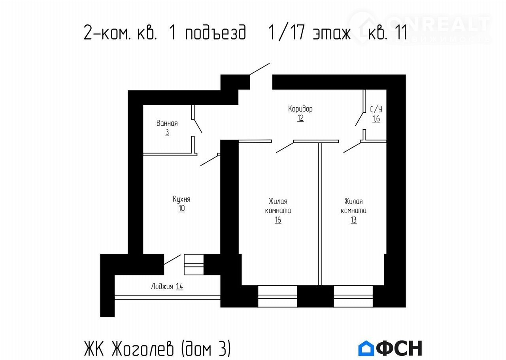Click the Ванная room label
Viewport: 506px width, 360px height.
point(167,123)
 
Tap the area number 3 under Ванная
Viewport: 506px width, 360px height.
point(167,133)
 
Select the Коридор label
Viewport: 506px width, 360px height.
point(300,109)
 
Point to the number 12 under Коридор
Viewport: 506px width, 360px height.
point(300,118)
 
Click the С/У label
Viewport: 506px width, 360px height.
point(376,110)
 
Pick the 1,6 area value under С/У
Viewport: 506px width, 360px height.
point(376,119)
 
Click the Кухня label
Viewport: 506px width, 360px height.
point(181,199)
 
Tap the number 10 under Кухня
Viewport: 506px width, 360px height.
point(181,208)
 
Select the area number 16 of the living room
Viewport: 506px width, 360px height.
point(278,220)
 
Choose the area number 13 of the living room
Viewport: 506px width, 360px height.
point(353,220)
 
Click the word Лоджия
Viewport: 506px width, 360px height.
point(162,286)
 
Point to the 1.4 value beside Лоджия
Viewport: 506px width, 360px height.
point(179,286)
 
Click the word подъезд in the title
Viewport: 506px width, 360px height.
point(215,32)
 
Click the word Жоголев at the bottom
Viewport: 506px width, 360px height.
point(143,349)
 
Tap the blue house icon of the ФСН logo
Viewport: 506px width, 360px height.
point(366,348)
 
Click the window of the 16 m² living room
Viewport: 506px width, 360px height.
point(278,296)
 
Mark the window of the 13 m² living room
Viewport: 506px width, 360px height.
point(353,296)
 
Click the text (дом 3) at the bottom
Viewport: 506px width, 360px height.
point(206,349)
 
